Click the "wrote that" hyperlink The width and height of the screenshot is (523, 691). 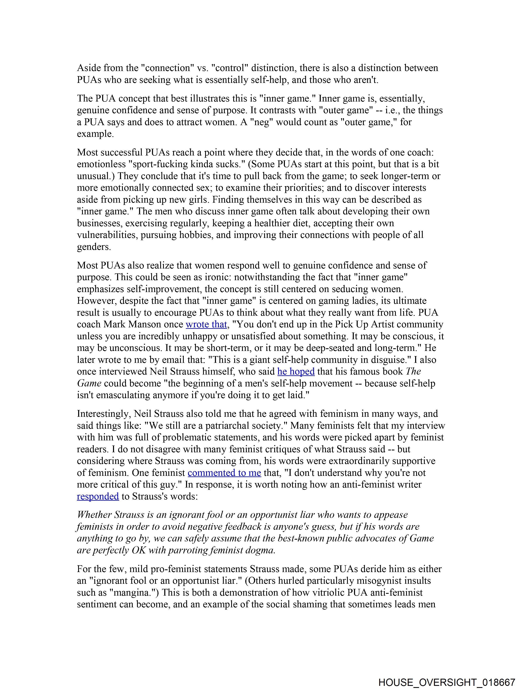coord(206,324)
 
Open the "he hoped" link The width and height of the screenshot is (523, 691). coord(296,371)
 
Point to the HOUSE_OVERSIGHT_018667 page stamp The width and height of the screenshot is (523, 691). coord(446,682)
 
